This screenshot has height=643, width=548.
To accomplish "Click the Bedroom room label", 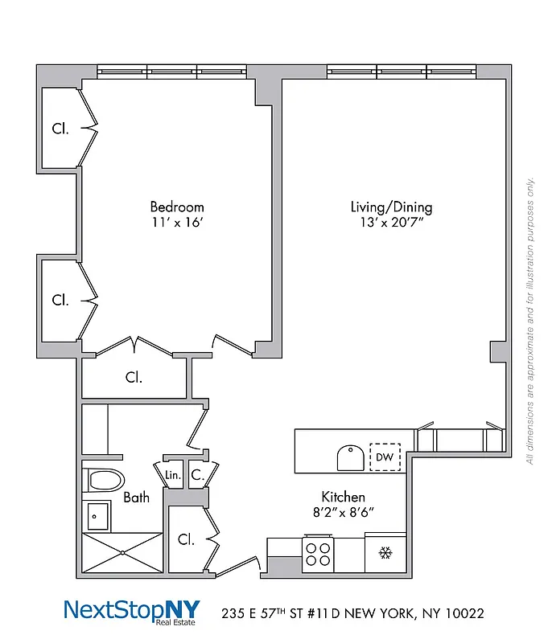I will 176,207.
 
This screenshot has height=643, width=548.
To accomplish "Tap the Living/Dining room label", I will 391,207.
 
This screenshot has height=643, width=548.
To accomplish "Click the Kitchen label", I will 344,497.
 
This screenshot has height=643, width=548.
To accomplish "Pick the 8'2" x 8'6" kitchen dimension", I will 344,512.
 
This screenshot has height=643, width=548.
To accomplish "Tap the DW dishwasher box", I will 384,457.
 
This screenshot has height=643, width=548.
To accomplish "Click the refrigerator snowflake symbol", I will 385,554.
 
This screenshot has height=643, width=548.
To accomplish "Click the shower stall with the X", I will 122,552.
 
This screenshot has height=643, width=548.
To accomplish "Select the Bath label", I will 136,498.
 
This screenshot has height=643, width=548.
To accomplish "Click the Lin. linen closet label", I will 173,475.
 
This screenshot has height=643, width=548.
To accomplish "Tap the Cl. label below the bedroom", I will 134,376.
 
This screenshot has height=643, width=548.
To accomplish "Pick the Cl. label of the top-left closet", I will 60,128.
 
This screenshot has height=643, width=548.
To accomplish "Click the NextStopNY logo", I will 131,611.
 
